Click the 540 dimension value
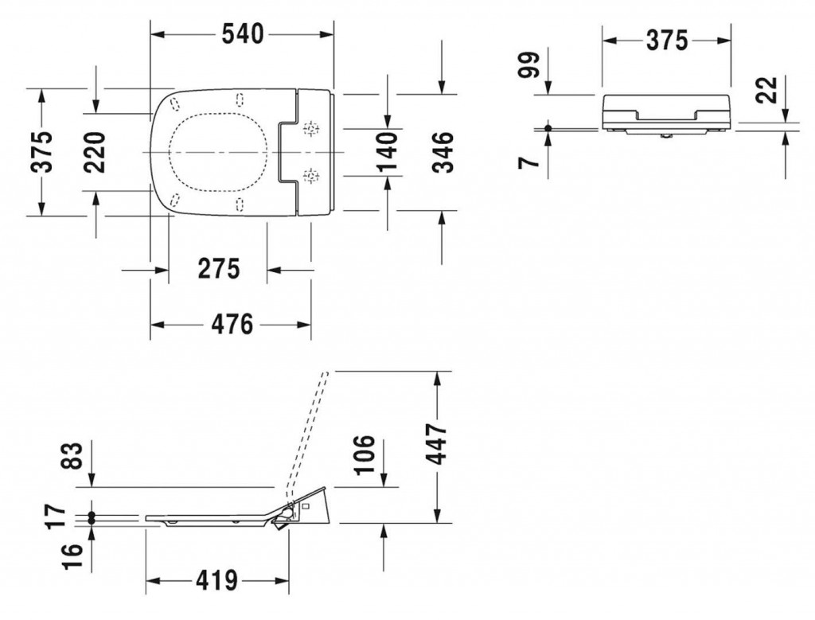point(243,34)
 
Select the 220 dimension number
point(96,152)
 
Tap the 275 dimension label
point(219,269)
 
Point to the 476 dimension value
point(232,324)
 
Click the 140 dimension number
point(388,152)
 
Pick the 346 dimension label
point(443,152)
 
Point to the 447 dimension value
point(436,444)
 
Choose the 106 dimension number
point(365,454)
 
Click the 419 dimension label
point(216,580)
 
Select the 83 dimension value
point(72,456)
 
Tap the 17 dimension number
point(57,516)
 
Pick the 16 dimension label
point(72,556)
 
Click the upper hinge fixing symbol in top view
point(311,128)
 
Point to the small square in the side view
point(306,505)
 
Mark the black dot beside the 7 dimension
point(548,128)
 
